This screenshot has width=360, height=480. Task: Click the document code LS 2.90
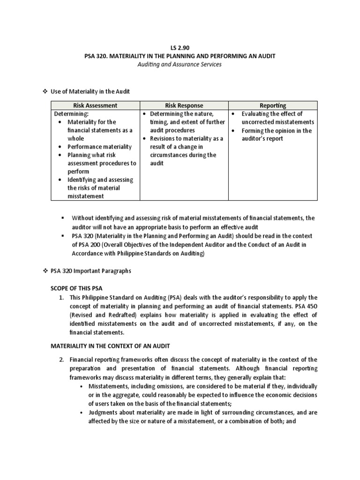[180, 47]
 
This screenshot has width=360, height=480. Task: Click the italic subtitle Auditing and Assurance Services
[180, 64]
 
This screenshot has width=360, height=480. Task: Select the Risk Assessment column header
[95, 105]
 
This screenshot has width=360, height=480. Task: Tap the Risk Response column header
[184, 105]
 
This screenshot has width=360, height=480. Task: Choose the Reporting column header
[272, 105]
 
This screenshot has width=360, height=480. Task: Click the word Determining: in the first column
[71, 114]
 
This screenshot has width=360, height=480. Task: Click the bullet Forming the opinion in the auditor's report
[277, 135]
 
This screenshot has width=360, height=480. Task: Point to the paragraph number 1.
[62, 298]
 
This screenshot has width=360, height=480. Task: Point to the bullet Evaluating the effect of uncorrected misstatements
[277, 118]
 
